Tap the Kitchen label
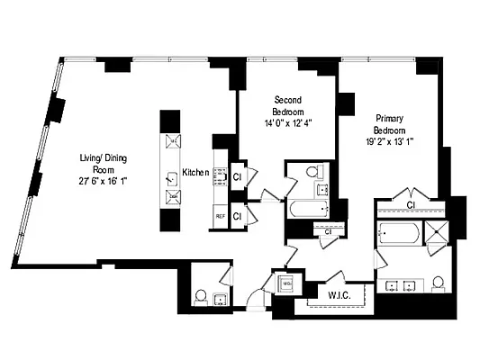195,172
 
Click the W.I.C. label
326,292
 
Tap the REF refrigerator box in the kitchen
219,216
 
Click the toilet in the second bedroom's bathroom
312,171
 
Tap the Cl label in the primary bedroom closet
410,205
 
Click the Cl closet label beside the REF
237,216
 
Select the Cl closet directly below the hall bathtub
328,232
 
